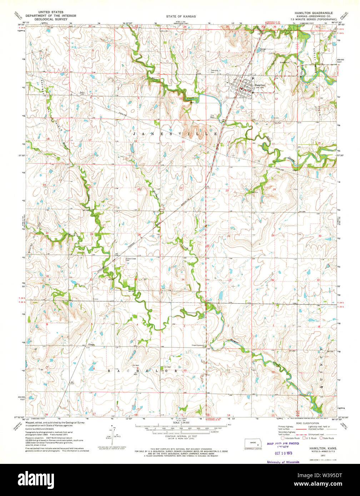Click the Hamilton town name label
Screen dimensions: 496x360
click(260, 85)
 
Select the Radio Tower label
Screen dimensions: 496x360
click(82, 93)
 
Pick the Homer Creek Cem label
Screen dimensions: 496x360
click(121, 259)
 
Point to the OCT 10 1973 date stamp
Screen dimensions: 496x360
click(282, 454)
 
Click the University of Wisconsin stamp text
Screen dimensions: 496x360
click(283, 462)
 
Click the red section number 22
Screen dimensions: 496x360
click(181, 188)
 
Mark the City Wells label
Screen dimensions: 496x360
click(212, 116)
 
